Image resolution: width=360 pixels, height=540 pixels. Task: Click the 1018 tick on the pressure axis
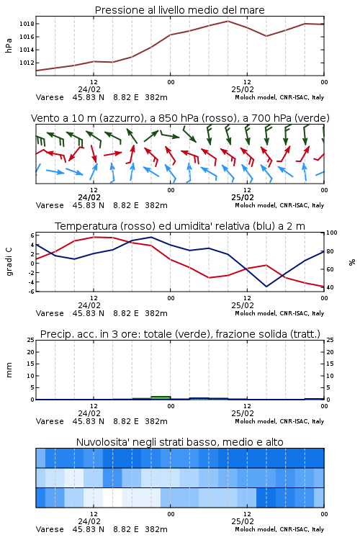pos(27,24)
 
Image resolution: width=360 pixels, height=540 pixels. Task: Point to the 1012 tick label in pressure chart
pos(27,63)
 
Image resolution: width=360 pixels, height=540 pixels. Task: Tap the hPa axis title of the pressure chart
pos(9,45)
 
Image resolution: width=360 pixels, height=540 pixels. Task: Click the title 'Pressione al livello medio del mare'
pos(180,10)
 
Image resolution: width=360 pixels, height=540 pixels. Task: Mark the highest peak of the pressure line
pos(228,21)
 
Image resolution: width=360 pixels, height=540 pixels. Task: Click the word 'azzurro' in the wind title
pos(122,119)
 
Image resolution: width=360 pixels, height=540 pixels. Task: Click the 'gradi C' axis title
pos(9,262)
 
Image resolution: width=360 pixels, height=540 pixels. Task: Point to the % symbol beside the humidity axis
pos(352,262)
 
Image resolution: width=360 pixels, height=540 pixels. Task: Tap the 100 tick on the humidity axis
pos(332,233)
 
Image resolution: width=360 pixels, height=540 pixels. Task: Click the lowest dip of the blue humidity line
pos(266,287)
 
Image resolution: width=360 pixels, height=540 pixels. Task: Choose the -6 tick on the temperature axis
pos(32,292)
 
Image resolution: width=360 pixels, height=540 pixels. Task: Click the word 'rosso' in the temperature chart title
pos(135,226)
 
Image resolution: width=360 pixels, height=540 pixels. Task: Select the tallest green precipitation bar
pos(161,397)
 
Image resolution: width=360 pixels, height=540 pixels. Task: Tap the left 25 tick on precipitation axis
pos(31,341)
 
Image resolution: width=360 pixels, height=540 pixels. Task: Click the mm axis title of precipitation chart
pos(9,370)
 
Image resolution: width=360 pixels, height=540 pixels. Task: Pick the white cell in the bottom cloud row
pos(112,498)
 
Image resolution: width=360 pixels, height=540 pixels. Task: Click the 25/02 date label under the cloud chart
pos(243,521)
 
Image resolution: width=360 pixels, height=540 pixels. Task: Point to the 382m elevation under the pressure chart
pos(156,97)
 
